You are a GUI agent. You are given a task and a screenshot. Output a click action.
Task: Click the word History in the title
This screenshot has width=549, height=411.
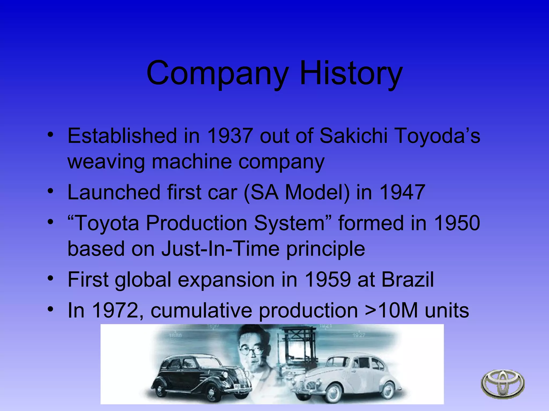351,73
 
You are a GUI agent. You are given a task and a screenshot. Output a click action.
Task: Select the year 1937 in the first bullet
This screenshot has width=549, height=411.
230,136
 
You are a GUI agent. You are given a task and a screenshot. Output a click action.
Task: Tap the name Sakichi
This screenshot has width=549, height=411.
354,136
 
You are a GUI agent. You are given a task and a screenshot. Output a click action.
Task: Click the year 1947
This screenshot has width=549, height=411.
402,192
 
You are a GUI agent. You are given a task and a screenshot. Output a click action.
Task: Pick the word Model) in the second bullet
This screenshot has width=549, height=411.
317,192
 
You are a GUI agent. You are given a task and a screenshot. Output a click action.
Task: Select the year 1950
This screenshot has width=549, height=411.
457,223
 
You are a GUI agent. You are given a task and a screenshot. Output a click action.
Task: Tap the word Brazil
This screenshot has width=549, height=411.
407,279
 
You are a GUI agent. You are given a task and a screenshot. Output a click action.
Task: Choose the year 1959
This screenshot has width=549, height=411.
328,279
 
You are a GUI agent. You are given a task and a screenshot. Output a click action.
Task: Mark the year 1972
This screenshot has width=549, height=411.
115,310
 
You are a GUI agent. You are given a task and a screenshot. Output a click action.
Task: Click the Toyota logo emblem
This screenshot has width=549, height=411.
503,384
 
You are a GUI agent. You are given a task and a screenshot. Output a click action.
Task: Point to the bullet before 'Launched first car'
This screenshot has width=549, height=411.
50,192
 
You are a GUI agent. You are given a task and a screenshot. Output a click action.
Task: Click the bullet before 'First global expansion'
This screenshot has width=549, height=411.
50,279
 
